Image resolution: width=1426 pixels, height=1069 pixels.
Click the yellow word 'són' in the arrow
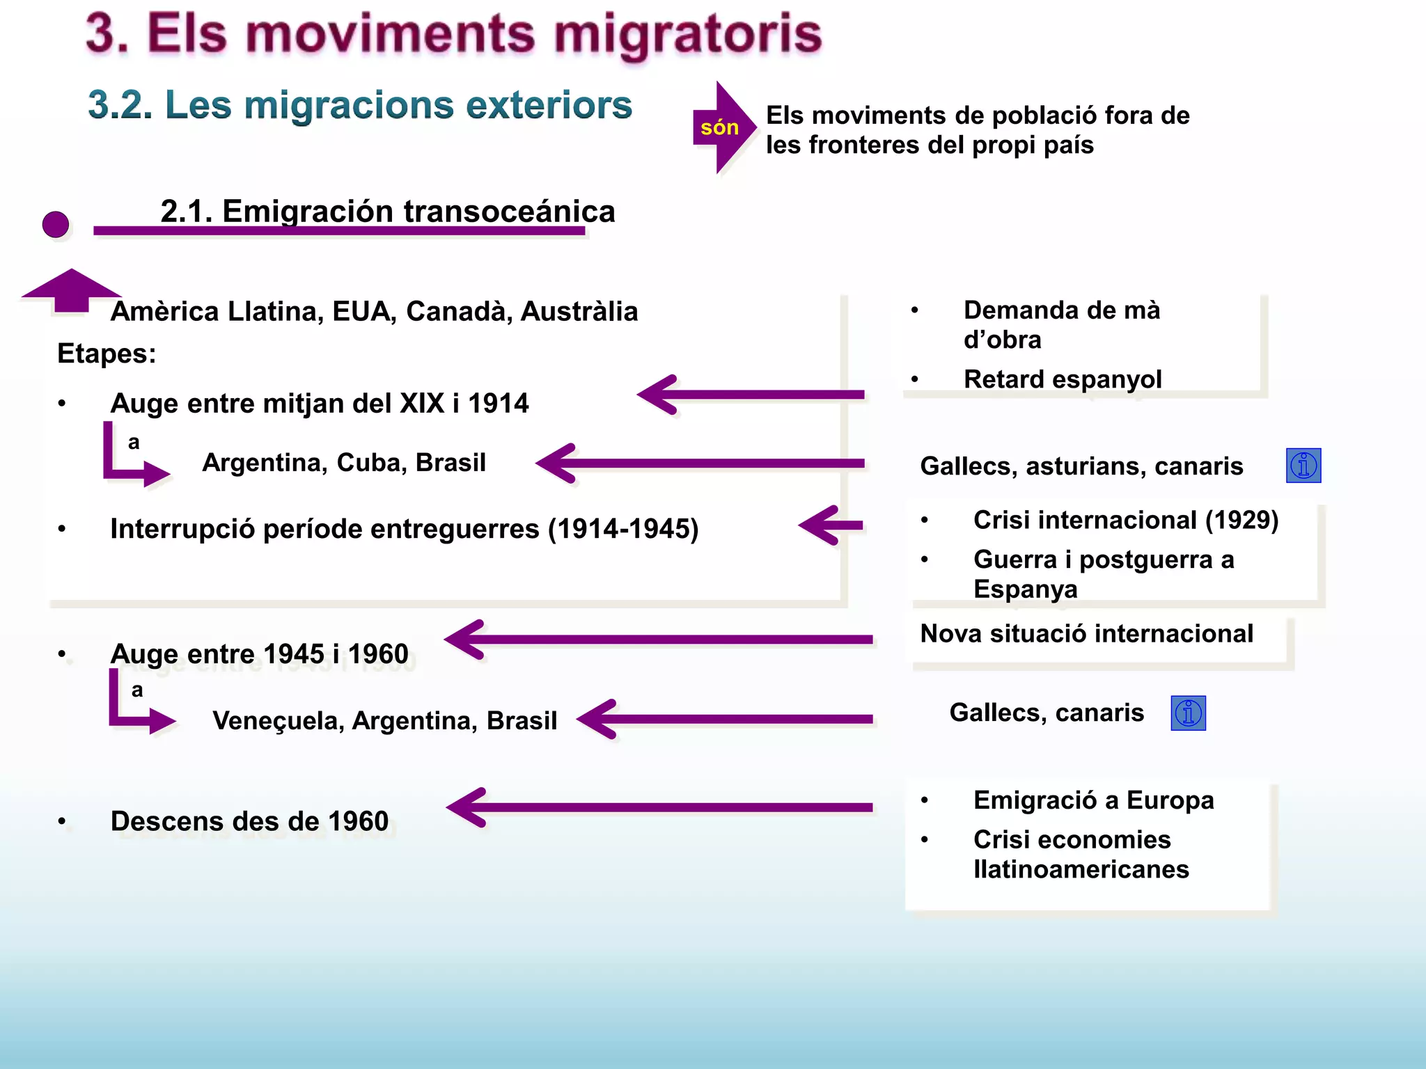[719, 127]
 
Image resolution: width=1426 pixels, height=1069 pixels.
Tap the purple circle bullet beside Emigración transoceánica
[56, 225]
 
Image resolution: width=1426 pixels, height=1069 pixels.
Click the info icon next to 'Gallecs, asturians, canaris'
[1303, 466]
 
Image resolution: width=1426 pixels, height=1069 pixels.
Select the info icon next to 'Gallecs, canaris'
[1188, 713]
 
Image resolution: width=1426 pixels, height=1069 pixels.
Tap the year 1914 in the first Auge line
[498, 404]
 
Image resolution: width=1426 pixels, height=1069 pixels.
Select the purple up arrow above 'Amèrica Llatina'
[71, 289]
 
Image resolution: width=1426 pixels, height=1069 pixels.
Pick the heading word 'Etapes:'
[107, 354]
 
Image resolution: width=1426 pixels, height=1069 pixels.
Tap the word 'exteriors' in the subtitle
[549, 106]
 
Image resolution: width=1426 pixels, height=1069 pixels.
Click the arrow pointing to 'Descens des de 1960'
[658, 807]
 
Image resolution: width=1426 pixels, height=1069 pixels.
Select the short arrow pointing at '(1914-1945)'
[831, 525]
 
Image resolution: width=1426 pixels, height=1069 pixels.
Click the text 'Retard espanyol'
[1063, 379]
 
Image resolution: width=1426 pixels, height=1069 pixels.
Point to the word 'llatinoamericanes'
[1081, 869]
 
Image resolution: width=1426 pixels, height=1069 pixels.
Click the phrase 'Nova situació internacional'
[1086, 634]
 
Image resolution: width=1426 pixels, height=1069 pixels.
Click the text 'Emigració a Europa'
[1093, 800]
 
